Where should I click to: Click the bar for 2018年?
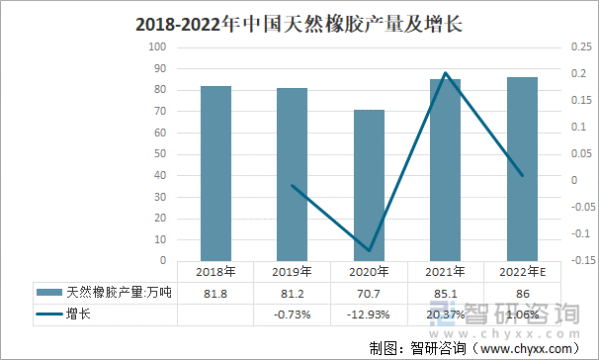pyautogui.click(x=215, y=173)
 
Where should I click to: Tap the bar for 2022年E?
pyautogui.click(x=522, y=169)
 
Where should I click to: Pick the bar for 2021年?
pyautogui.click(x=446, y=170)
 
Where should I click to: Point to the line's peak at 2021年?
pyautogui.click(x=446, y=73)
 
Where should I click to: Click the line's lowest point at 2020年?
pyautogui.click(x=369, y=250)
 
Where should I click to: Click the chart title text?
pyautogui.click(x=299, y=21)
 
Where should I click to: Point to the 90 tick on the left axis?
pyautogui.click(x=159, y=68)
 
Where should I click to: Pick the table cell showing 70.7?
pyautogui.click(x=369, y=293)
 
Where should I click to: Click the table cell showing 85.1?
pyautogui.click(x=446, y=293)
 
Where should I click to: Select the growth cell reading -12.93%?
pyautogui.click(x=369, y=315)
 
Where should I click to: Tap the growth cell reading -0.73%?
pyautogui.click(x=293, y=315)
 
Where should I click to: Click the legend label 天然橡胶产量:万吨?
pyautogui.click(x=119, y=293)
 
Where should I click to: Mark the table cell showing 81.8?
pyautogui.click(x=215, y=293)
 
